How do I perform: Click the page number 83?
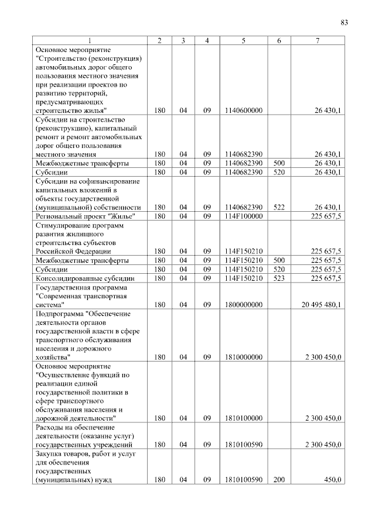(344, 23)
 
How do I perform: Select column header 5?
(243, 40)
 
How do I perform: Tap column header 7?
(317, 40)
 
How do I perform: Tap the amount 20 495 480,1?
(322, 304)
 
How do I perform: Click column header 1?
(90, 40)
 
